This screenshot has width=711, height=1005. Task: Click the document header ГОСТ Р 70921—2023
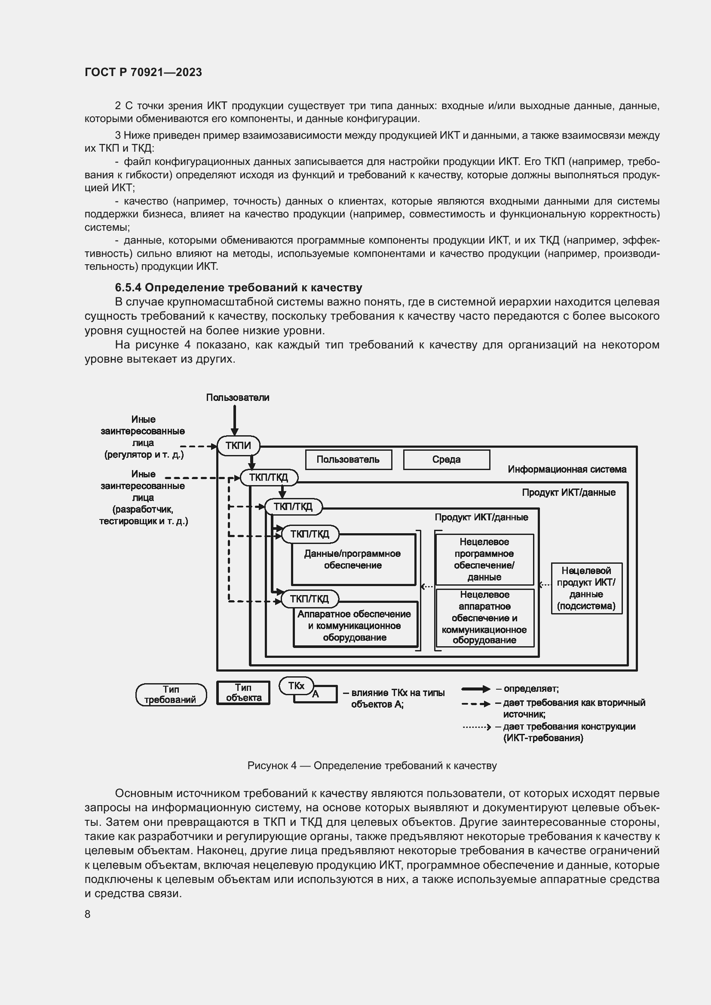click(143, 72)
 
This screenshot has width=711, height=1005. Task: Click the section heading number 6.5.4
click(128, 287)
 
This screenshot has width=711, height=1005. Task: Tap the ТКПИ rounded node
click(238, 446)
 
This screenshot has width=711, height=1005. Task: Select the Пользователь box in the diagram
click(348, 460)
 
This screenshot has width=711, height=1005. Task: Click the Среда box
click(446, 460)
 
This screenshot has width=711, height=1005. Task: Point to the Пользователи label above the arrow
click(237, 397)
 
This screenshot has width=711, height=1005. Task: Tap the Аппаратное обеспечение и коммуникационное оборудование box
click(354, 626)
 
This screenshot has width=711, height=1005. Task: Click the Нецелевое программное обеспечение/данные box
click(484, 559)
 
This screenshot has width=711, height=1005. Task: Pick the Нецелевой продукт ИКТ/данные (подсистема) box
click(586, 588)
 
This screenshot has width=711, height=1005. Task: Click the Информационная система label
click(567, 469)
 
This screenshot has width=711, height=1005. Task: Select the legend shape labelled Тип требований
click(171, 695)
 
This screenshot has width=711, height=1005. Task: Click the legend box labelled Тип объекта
click(243, 693)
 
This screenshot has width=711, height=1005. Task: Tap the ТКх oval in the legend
click(297, 686)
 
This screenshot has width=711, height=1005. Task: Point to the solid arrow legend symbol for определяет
click(476, 689)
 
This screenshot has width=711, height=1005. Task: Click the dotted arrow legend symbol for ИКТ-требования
click(476, 727)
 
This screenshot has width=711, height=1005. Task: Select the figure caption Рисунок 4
click(372, 766)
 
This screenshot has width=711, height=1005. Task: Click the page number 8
click(88, 914)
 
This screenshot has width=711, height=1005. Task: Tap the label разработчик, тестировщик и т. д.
click(143, 515)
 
